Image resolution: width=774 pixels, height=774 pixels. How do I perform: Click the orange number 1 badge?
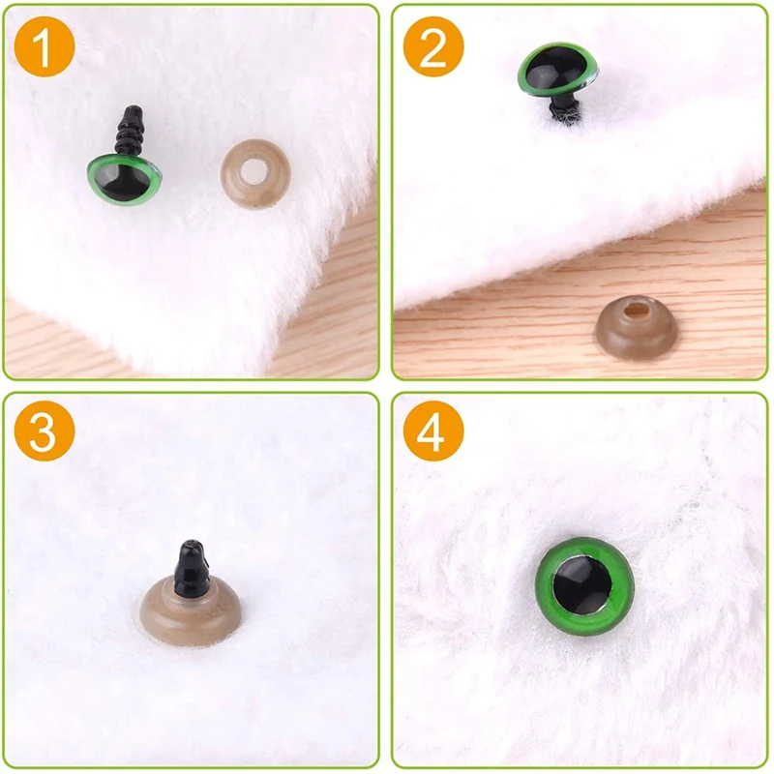click(x=46, y=45)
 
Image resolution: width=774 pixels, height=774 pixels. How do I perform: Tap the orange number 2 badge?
click(x=432, y=45)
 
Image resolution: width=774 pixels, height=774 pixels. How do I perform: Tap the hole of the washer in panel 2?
click(x=635, y=311)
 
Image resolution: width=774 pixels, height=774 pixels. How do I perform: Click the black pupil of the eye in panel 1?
click(x=126, y=180)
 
